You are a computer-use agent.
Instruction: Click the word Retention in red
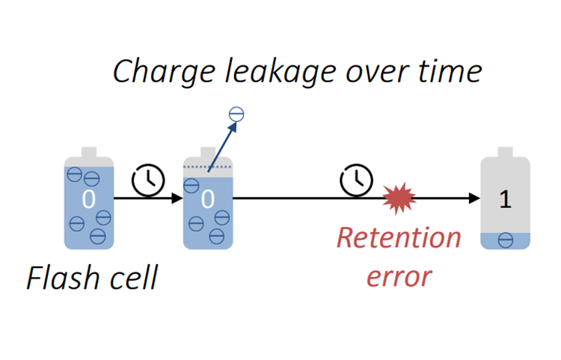399,238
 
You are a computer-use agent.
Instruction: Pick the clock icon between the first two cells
148,180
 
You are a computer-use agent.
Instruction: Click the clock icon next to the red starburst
356,180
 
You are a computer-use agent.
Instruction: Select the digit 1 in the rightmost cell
506,200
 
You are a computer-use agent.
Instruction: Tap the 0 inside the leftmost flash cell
88,200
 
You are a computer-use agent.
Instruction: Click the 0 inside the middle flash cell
208,200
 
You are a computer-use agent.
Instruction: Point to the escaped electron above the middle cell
236,115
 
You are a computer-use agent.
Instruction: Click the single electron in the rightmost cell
506,240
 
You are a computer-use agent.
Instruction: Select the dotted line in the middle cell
208,166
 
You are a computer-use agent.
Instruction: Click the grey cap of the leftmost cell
88,152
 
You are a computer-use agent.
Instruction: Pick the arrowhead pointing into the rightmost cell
473,198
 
